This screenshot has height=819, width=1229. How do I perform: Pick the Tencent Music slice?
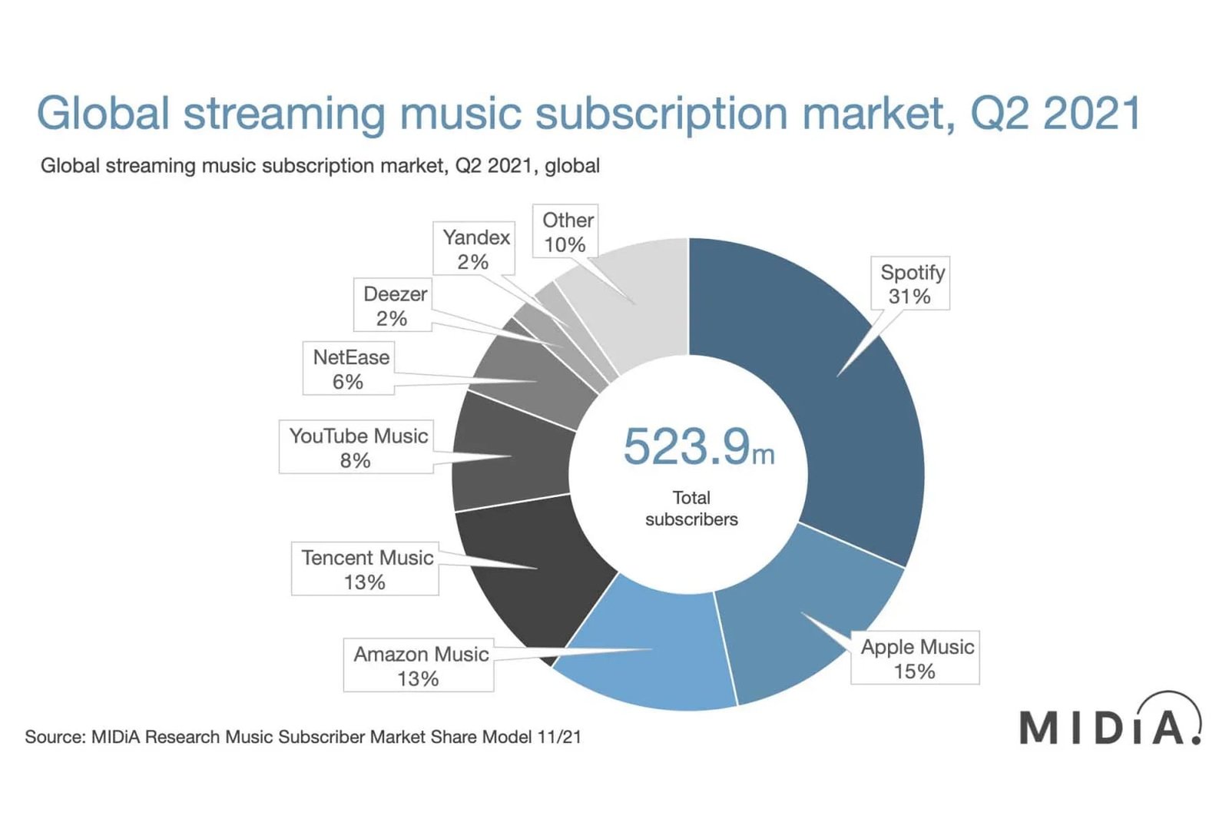pyautogui.click(x=530, y=569)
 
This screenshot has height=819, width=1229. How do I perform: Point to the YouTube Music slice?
pyautogui.click(x=511, y=453)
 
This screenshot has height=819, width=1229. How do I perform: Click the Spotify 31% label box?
pyautogui.click(x=911, y=283)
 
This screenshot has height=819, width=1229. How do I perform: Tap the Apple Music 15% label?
pyautogui.click(x=916, y=658)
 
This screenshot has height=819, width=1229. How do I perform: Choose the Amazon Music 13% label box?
pyautogui.click(x=419, y=665)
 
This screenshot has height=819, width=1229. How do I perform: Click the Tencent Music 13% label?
pyautogui.click(x=366, y=569)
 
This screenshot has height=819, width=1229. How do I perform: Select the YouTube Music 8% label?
pyautogui.click(x=356, y=447)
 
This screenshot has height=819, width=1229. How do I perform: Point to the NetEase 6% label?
pyautogui.click(x=349, y=369)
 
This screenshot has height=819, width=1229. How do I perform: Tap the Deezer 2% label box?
pyautogui.click(x=393, y=305)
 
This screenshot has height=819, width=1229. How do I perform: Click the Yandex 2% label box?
pyautogui.click(x=475, y=249)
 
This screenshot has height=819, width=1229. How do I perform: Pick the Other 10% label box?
pyautogui.click(x=566, y=231)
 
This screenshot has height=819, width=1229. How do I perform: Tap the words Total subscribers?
pyautogui.click(x=691, y=509)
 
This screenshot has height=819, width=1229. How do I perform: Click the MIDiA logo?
pyautogui.click(x=1109, y=722)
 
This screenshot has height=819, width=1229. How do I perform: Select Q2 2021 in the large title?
pyautogui.click(x=1055, y=114)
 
